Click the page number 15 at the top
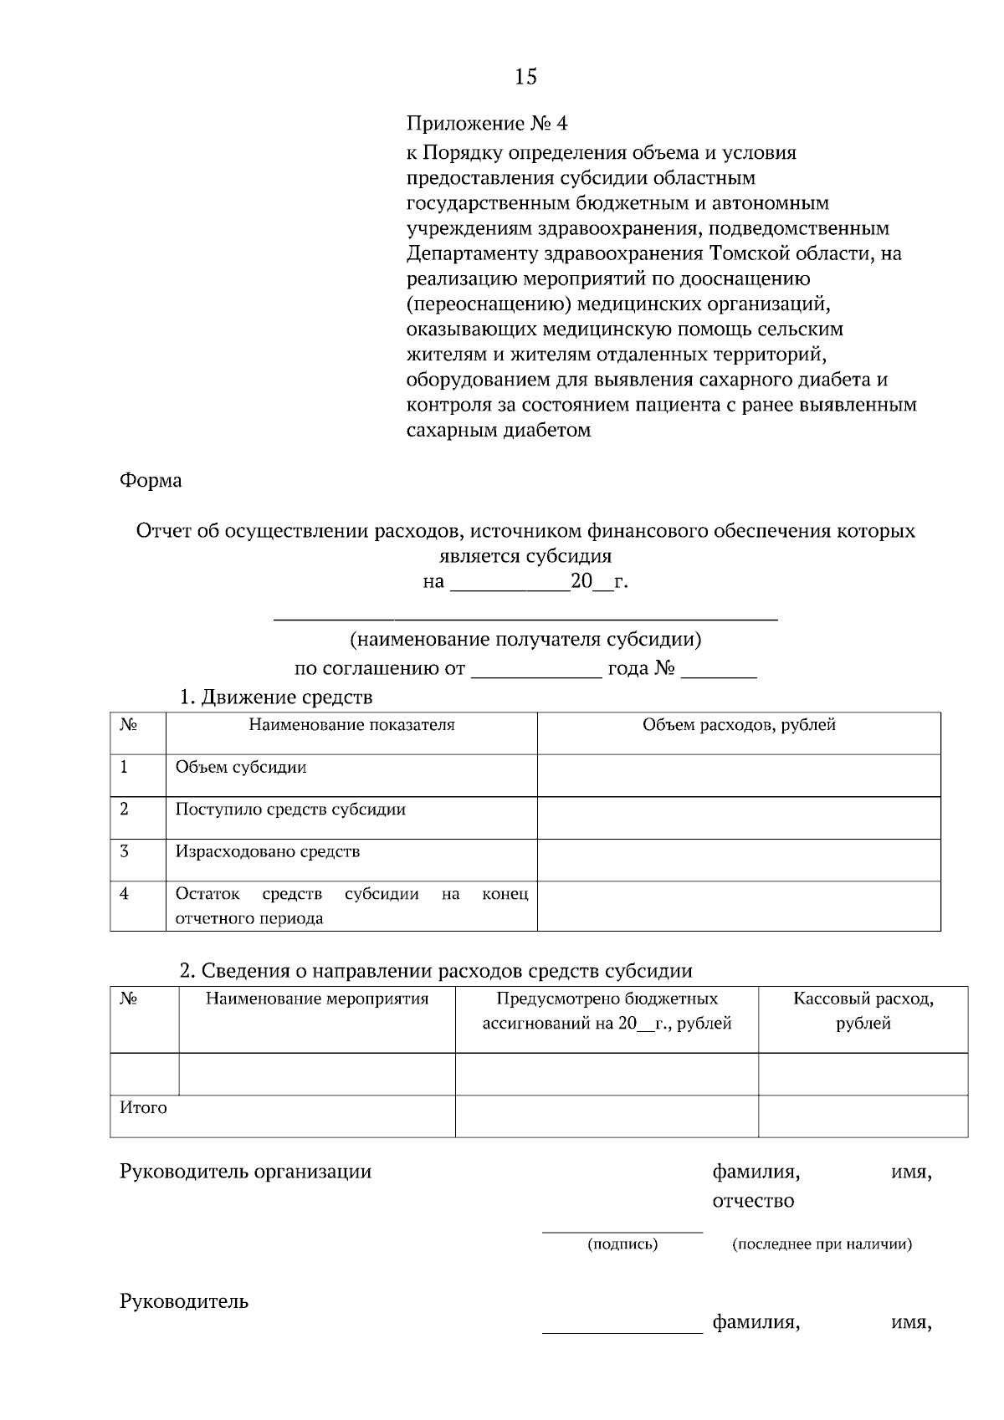[525, 77]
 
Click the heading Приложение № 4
[486, 125]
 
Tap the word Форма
[151, 481]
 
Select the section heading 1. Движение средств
[276, 697]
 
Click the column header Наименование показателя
[351, 725]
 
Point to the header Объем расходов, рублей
[739, 725]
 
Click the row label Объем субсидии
[241, 768]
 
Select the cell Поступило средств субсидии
[290, 810]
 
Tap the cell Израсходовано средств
[268, 852]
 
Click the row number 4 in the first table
[125, 894]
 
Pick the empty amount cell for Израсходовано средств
[739, 860]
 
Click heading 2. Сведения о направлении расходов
[436, 971]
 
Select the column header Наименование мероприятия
[317, 999]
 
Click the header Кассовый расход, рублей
[863, 1010]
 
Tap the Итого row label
[144, 1108]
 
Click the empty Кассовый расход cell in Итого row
[863, 1116]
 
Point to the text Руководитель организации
[245, 1172]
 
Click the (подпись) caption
[622, 1244]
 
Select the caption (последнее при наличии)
[822, 1244]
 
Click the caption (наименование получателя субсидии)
[525, 641]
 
